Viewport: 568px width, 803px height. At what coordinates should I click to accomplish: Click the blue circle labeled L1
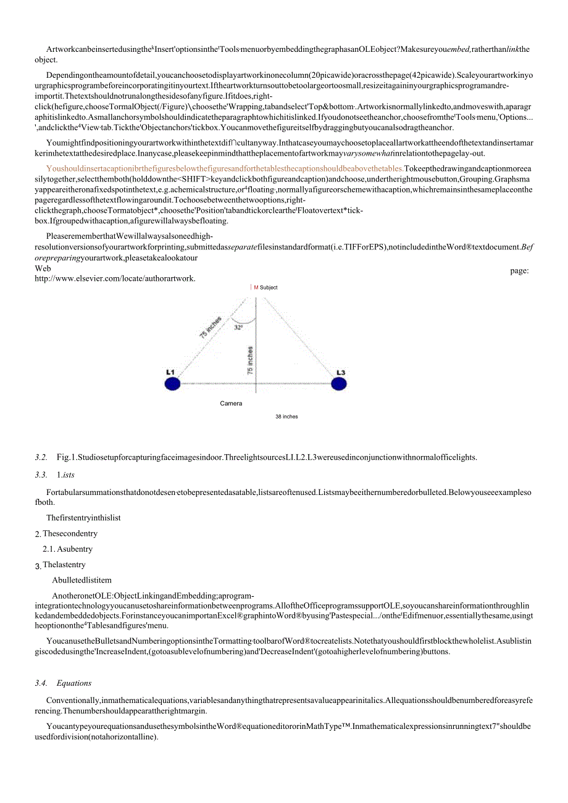[x=172, y=384]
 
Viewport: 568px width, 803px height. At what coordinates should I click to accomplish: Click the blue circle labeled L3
[x=338, y=384]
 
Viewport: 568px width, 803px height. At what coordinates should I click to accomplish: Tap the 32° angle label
[x=238, y=328]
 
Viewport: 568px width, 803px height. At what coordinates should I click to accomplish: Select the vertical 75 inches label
[x=250, y=360]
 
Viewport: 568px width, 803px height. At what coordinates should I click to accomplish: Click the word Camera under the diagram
[x=231, y=404]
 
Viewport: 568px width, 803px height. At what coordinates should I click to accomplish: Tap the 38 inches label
[x=286, y=417]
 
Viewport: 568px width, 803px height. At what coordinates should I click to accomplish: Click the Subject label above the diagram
[x=269, y=288]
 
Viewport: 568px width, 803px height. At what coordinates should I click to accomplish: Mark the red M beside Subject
[x=256, y=288]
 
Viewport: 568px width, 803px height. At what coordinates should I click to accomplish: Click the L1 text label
[x=170, y=372]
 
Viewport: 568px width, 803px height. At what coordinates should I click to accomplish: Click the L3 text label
[x=341, y=372]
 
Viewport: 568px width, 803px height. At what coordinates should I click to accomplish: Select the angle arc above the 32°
[x=246, y=320]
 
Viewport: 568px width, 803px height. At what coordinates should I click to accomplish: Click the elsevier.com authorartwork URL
[x=115, y=278]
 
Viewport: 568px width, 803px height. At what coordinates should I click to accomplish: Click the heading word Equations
[x=74, y=683]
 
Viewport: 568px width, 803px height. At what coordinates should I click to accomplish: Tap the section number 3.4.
[x=41, y=683]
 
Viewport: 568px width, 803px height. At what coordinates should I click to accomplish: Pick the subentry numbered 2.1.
[x=49, y=549]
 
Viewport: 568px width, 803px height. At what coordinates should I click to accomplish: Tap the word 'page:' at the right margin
[x=519, y=270]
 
